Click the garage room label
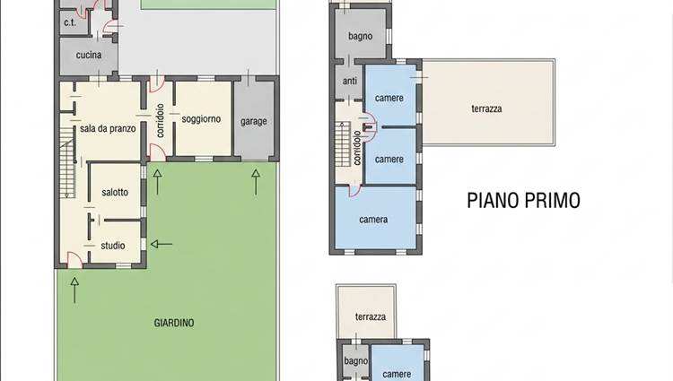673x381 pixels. [x=254, y=122]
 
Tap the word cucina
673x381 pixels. [x=89, y=55]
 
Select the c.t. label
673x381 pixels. [x=70, y=22]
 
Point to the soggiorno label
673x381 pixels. [x=201, y=119]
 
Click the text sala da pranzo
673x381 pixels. [x=108, y=128]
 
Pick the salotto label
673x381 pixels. [x=115, y=193]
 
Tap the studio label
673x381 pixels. [x=113, y=246]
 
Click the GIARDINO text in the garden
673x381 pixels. [x=174, y=323]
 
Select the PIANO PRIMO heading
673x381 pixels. [x=524, y=201]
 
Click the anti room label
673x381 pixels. [x=350, y=81]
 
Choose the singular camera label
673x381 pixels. [x=373, y=220]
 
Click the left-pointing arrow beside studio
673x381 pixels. [x=162, y=244]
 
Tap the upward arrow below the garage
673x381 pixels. [x=256, y=182]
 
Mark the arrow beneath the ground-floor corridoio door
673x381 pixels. [x=158, y=182]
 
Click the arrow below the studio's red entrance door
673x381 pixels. [x=74, y=290]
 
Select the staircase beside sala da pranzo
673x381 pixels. [x=67, y=163]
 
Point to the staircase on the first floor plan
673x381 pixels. [x=343, y=144]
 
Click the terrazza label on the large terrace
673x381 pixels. [x=486, y=108]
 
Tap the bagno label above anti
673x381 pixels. [x=360, y=37]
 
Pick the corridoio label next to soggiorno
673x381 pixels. [x=160, y=120]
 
